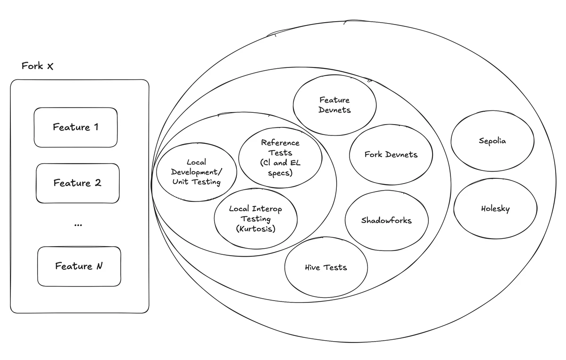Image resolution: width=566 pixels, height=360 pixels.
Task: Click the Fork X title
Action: [x=38, y=66]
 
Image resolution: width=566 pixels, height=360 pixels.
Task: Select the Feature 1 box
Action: [x=75, y=127]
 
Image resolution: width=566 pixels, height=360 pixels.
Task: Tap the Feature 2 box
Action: [x=77, y=183]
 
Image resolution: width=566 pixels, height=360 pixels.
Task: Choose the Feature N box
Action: [x=79, y=266]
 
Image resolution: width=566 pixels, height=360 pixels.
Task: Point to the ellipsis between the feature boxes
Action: [x=78, y=226]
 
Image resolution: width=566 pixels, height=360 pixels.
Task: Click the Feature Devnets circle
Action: [x=335, y=105]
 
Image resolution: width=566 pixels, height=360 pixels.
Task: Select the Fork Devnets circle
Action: [x=391, y=155]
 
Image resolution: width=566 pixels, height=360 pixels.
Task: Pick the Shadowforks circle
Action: [x=386, y=220]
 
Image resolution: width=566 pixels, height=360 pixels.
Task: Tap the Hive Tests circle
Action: [x=326, y=268]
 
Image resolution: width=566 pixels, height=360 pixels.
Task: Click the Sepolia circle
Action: [x=492, y=141]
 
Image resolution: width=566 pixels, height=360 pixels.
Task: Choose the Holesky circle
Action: [x=495, y=209]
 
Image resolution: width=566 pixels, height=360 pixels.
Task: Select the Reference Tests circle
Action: [x=280, y=158]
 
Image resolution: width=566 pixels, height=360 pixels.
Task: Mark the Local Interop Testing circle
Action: [x=256, y=218]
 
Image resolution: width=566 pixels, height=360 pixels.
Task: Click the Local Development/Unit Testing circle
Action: [x=196, y=172]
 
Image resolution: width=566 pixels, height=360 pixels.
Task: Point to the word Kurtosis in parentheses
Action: [x=256, y=229]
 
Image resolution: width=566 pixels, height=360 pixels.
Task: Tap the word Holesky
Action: [x=495, y=209]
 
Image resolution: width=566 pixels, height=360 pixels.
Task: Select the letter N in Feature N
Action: [x=99, y=266]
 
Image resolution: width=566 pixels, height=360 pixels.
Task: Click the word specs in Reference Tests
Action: [x=280, y=173]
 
